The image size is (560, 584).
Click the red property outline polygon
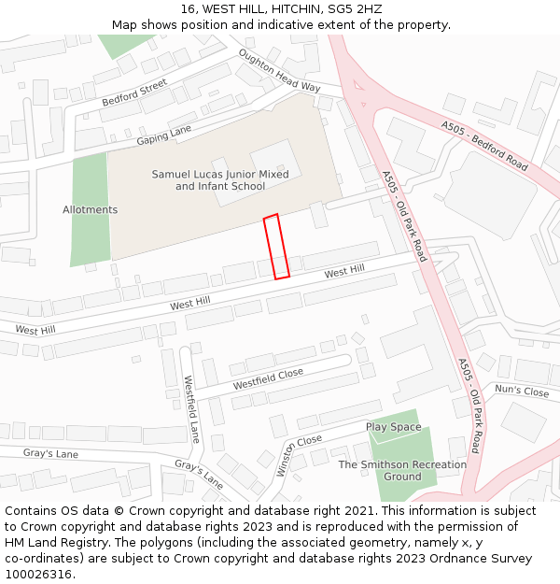(276, 247)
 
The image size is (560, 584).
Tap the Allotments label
(90, 210)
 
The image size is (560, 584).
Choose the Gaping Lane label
(163, 135)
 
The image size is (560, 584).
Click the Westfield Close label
(268, 378)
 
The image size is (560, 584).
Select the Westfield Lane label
(190, 408)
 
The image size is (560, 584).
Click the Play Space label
(393, 427)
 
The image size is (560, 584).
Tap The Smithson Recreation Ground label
(402, 470)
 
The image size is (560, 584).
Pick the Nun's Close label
(522, 391)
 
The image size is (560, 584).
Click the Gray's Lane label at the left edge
(50, 453)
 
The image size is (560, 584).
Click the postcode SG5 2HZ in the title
(350, 9)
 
